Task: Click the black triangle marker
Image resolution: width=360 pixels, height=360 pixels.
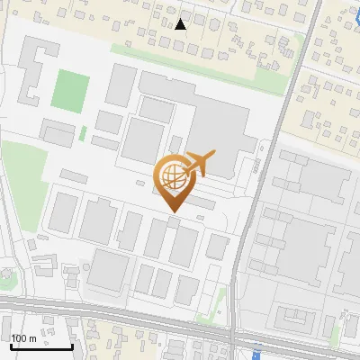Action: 181,24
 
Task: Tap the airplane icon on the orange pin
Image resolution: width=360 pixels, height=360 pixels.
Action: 199,163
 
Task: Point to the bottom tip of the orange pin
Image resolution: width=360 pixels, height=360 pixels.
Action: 171,212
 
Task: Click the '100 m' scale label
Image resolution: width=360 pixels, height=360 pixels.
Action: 24,338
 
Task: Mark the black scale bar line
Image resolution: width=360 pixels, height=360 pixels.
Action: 41,346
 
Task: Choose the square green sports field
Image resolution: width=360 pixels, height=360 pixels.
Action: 69,89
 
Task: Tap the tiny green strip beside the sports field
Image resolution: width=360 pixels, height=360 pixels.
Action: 83,133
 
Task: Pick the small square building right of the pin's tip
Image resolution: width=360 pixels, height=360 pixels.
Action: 216,246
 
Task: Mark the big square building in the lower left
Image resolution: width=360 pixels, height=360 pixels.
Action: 109,269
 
